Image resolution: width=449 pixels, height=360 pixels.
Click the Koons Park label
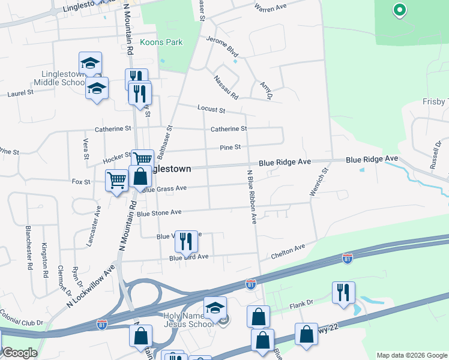coord(161,43)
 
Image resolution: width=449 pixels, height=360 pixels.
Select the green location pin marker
coord(399,10)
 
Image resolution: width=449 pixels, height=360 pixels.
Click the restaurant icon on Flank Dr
coord(343,292)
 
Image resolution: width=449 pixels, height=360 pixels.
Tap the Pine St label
coord(230,147)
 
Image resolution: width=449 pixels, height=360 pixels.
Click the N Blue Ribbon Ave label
coord(252,197)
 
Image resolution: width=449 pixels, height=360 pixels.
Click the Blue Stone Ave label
coord(159,212)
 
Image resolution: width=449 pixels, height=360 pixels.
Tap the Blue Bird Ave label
coord(188,257)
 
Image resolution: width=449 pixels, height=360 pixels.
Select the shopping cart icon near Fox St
coord(116,179)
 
